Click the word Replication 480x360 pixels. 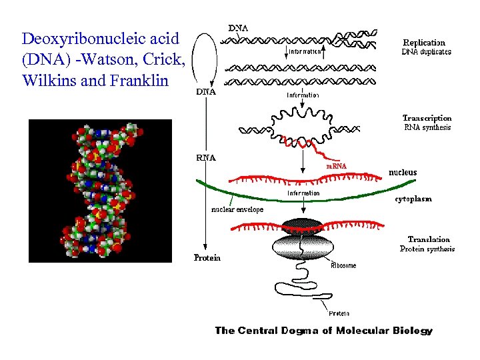pyautogui.click(x=424, y=42)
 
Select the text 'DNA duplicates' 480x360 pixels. pyautogui.click(x=426, y=52)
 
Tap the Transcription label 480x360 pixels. pyautogui.click(x=427, y=118)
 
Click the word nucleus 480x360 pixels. pyautogui.click(x=403, y=172)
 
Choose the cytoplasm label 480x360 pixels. pyautogui.click(x=413, y=199)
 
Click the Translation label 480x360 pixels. pyautogui.click(x=429, y=239)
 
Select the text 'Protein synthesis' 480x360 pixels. pyautogui.click(x=427, y=249)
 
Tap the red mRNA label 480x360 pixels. pyautogui.click(x=336, y=166)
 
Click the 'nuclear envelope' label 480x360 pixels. pyautogui.click(x=237, y=209)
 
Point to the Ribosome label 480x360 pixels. pyautogui.click(x=343, y=265)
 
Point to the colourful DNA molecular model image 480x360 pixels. pyautogui.click(x=100, y=190)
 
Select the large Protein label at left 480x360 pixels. pyautogui.click(x=207, y=257)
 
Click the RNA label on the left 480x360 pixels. pyautogui.click(x=206, y=158)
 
